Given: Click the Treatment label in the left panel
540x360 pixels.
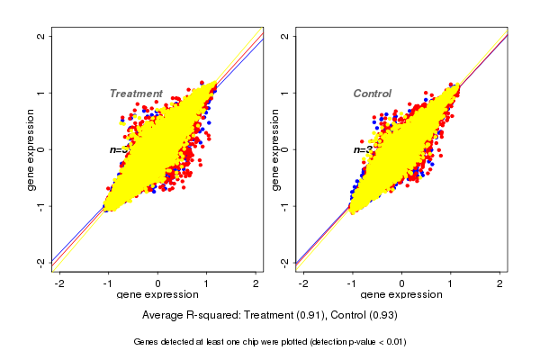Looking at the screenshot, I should tap(136, 94).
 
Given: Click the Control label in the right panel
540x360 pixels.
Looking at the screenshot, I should tap(372, 94).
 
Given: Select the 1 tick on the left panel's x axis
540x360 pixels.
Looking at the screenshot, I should tap(206, 284).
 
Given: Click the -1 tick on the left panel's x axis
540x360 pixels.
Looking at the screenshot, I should tap(109, 284).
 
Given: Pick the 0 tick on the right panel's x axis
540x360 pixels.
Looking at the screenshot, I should tap(401, 284).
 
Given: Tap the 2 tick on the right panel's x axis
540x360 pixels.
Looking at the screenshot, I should tap(499, 284).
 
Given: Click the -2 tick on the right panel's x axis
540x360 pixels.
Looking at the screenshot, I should tap(303, 284).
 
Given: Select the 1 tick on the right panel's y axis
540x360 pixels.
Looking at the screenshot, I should tap(286, 93).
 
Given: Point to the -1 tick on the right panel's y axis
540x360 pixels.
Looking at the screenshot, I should tap(286, 205).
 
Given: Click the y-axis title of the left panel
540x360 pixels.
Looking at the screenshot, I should tap(31, 149).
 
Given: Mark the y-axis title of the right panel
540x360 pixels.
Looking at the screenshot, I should tap(275, 149).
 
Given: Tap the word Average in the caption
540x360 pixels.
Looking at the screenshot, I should tap(164, 316).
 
